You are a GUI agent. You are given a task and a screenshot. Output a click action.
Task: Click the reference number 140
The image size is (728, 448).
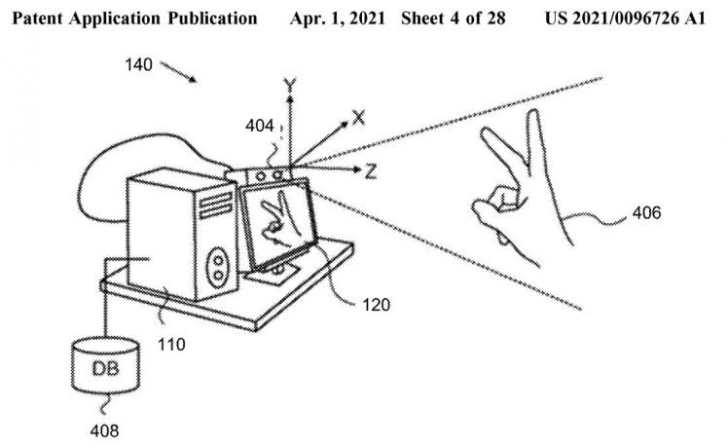pos(138,64)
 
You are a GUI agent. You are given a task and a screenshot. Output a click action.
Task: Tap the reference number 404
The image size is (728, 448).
pos(259,125)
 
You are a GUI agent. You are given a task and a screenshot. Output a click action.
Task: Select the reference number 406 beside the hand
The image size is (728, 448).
pos(646,213)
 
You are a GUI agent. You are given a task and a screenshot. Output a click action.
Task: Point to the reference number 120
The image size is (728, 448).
pos(376,305)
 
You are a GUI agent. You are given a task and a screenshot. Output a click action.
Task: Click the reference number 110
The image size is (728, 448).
pos(171,345)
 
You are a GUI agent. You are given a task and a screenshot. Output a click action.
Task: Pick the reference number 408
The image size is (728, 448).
pos(104,430)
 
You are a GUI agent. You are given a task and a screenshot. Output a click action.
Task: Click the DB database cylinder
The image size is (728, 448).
pos(105,365)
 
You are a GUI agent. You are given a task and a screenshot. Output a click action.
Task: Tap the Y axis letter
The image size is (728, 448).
pos(290,85)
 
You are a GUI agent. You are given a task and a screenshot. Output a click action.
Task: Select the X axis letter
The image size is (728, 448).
pos(358,118)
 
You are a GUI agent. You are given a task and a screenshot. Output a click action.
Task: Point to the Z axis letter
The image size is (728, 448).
pos(370,171)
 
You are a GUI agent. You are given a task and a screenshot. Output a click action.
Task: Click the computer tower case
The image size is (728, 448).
pos(182,234)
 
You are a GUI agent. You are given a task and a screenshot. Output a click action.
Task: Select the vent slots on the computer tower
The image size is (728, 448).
pos(215,205)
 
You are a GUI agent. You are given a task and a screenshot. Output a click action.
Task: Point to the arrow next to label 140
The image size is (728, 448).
pos(178,72)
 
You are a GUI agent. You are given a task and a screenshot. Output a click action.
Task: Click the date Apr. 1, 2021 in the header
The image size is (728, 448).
pos(338,19)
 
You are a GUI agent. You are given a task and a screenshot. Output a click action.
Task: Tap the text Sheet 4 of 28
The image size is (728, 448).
pos(454,19)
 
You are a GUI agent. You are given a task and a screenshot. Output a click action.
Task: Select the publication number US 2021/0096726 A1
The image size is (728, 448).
pos(625,19)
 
